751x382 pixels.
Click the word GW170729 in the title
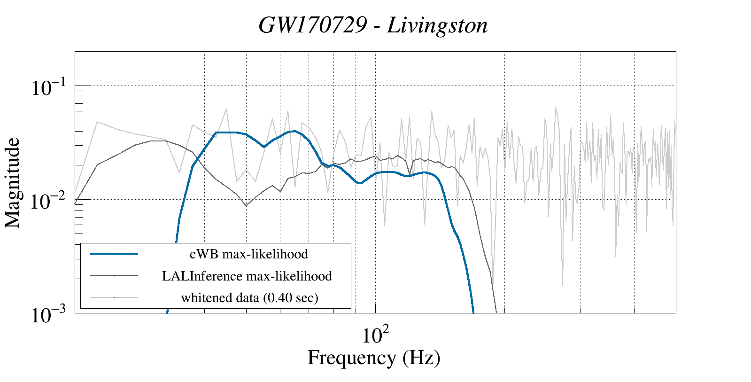pyautogui.click(x=312, y=25)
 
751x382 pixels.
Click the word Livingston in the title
pyautogui.click(x=437, y=25)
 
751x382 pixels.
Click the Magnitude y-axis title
pyautogui.click(x=13, y=183)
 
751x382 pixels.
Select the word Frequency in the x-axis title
pyautogui.click(x=351, y=358)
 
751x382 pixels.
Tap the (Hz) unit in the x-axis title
pyautogui.click(x=421, y=358)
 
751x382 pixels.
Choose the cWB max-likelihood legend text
pyautogui.click(x=248, y=254)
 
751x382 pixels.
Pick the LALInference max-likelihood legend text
pyautogui.click(x=247, y=276)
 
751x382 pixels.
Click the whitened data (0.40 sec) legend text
pyautogui.click(x=249, y=297)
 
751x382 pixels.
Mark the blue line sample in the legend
pyautogui.click(x=114, y=254)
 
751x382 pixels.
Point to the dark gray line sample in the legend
pyautogui.click(x=114, y=275)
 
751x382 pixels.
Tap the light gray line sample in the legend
pyautogui.click(x=114, y=297)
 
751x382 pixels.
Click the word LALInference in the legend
pyautogui.click(x=202, y=276)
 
